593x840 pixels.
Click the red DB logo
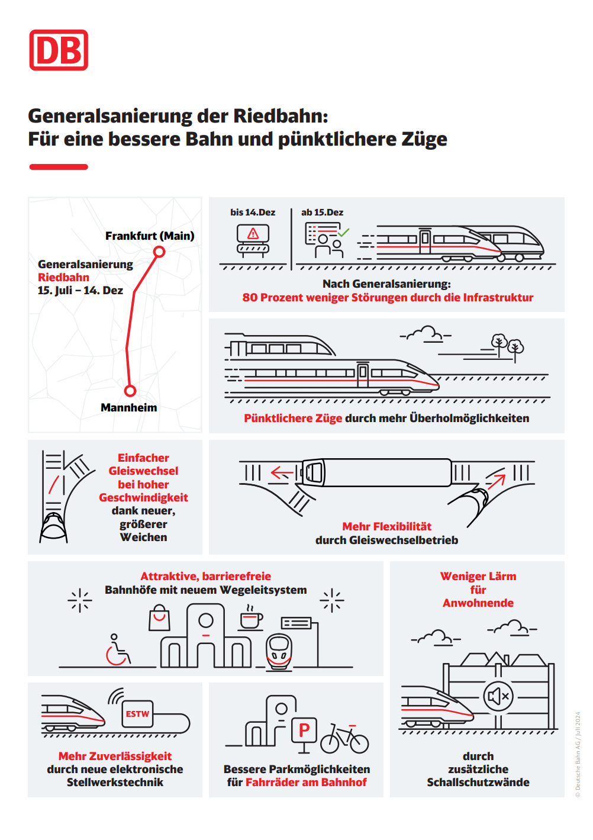point(59,50)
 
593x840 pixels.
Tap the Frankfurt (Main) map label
point(150,236)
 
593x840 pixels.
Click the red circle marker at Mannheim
point(130,391)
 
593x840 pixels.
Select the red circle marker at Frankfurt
point(159,252)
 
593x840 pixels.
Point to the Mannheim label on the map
point(128,407)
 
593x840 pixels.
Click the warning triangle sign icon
point(253,233)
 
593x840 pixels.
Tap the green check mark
point(344,232)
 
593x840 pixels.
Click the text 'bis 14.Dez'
point(253,212)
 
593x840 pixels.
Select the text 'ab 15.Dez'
point(322,212)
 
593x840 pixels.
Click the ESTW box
point(137,714)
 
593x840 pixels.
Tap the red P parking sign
point(304,730)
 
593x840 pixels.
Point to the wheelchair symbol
point(118,650)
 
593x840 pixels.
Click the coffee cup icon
point(250,619)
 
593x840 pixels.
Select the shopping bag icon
point(159,618)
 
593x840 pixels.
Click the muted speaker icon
point(498,696)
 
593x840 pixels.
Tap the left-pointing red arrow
point(282,472)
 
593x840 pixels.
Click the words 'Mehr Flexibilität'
point(386,526)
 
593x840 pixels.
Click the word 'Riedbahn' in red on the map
point(63,277)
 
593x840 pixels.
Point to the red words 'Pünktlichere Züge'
point(293,418)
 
